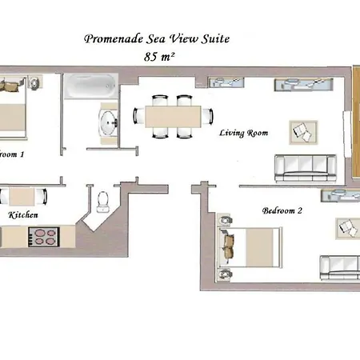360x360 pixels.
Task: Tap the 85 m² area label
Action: click(159, 56)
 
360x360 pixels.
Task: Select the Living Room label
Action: click(243, 133)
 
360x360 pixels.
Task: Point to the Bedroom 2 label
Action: click(282, 211)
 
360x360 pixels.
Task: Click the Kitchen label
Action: click(23, 215)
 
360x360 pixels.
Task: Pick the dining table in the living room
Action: click(171, 117)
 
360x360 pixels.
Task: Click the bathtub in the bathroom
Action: click(89, 86)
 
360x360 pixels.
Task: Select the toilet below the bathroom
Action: click(102, 199)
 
